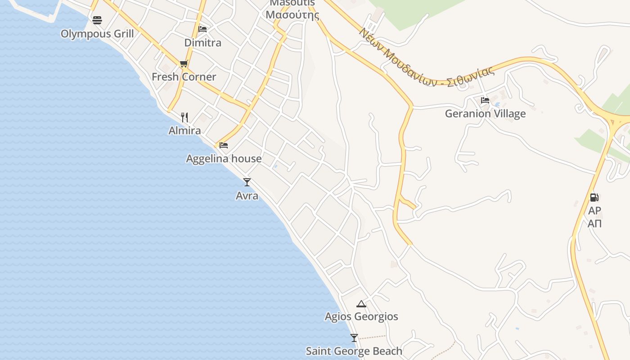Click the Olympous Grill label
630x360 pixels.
pyautogui.click(x=97, y=34)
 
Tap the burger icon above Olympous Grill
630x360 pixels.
pyautogui.click(x=97, y=20)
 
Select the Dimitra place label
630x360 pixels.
pyautogui.click(x=203, y=43)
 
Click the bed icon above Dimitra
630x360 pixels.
pyautogui.click(x=202, y=29)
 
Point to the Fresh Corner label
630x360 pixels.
pyautogui.click(x=184, y=77)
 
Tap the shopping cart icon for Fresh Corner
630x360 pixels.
pyautogui.click(x=184, y=64)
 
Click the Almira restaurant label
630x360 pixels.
pyautogui.click(x=184, y=131)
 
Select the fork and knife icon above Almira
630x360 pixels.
pyautogui.click(x=184, y=117)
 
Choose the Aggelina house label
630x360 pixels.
pyautogui.click(x=224, y=159)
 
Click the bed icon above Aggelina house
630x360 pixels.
pyautogui.click(x=224, y=145)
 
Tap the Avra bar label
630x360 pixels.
pyautogui.click(x=247, y=196)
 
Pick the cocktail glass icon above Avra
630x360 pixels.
pyautogui.click(x=247, y=182)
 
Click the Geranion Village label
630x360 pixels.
pyautogui.click(x=485, y=114)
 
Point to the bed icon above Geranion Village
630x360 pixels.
pyautogui.click(x=485, y=100)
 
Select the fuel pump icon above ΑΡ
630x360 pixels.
pyautogui.click(x=594, y=197)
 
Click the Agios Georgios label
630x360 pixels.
pyautogui.click(x=361, y=317)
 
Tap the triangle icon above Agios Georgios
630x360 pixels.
pyautogui.click(x=361, y=304)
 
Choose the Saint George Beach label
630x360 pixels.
pyautogui.click(x=354, y=351)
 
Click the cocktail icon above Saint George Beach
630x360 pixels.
pyautogui.click(x=354, y=338)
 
